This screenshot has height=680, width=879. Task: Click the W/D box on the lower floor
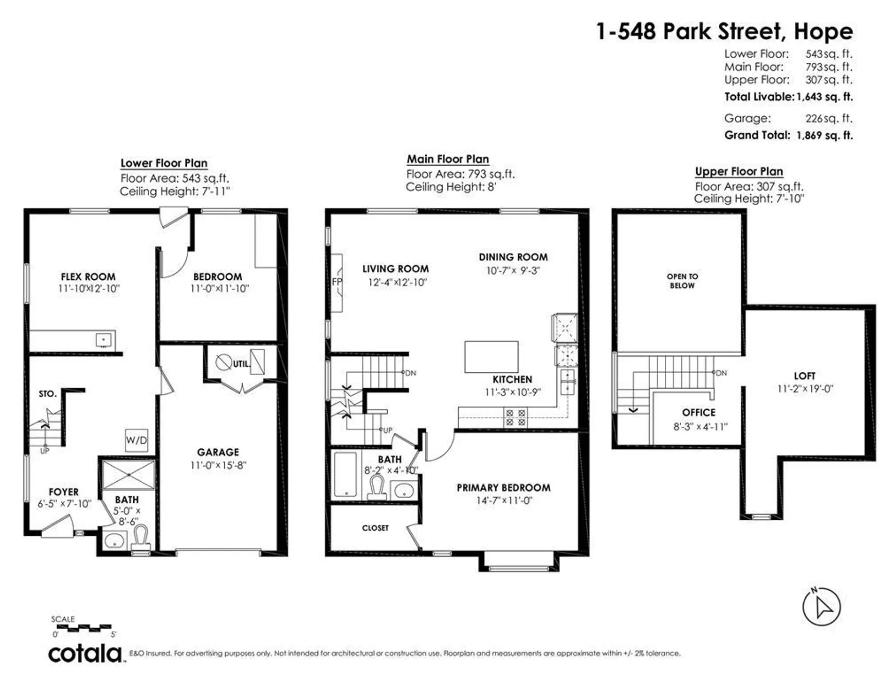tap(136, 440)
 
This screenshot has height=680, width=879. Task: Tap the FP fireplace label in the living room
tap(337, 282)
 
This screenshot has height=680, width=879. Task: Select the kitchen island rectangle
tap(491, 357)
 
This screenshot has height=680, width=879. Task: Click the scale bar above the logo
tap(84, 627)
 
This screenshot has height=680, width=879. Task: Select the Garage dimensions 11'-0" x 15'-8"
tap(218, 465)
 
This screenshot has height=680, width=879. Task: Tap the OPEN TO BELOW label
tap(682, 281)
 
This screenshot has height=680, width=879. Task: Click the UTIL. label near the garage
tap(241, 364)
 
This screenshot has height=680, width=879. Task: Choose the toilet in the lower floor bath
tap(141, 538)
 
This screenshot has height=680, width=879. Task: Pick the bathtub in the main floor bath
tap(345, 474)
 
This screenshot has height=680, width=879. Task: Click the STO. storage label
tap(48, 394)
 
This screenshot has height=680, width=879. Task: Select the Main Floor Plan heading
tap(448, 159)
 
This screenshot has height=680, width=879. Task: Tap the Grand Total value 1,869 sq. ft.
tap(825, 136)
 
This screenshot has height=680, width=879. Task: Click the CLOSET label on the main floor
tap(375, 528)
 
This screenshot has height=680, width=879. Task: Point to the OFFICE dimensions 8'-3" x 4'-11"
tap(700, 427)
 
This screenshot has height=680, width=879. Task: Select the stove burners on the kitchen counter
tap(515, 418)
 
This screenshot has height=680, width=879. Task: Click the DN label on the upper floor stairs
tap(721, 373)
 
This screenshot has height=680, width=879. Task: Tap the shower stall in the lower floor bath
tap(129, 475)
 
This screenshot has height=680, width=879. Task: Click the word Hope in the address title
tap(823, 32)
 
